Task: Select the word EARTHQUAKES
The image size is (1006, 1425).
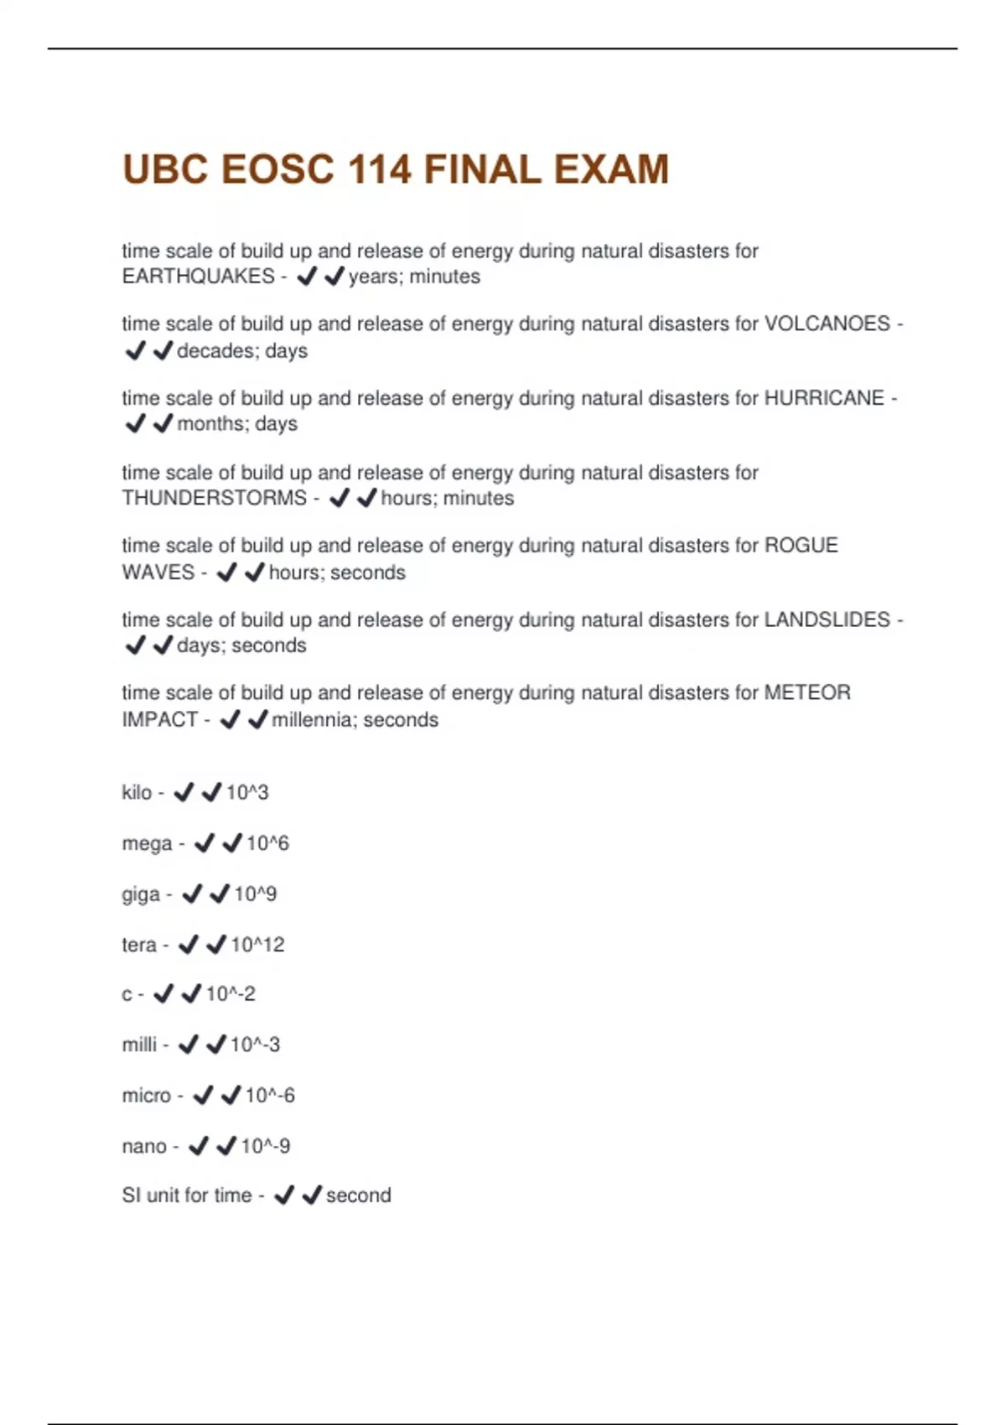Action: click(x=198, y=277)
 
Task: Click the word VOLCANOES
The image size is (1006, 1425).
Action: click(x=827, y=324)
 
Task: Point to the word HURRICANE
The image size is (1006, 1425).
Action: click(x=824, y=397)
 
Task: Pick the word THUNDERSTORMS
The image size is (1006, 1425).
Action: click(x=214, y=498)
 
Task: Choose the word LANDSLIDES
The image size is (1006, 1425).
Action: click(x=827, y=619)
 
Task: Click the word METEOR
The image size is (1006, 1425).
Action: click(x=806, y=692)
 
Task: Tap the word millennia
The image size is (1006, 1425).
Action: click(x=313, y=719)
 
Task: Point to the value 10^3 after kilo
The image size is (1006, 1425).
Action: click(x=247, y=792)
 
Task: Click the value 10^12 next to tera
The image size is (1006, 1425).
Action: click(x=257, y=945)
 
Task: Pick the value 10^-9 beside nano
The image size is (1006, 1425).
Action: click(x=265, y=1146)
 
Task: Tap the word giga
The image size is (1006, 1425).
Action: click(x=140, y=894)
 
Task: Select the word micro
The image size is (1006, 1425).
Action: click(x=146, y=1096)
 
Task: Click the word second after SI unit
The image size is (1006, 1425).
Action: click(x=358, y=1195)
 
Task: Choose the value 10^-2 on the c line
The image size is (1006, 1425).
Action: click(x=231, y=994)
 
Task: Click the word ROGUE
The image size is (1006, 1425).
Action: click(x=801, y=546)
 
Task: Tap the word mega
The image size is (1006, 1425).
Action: click(x=147, y=843)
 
